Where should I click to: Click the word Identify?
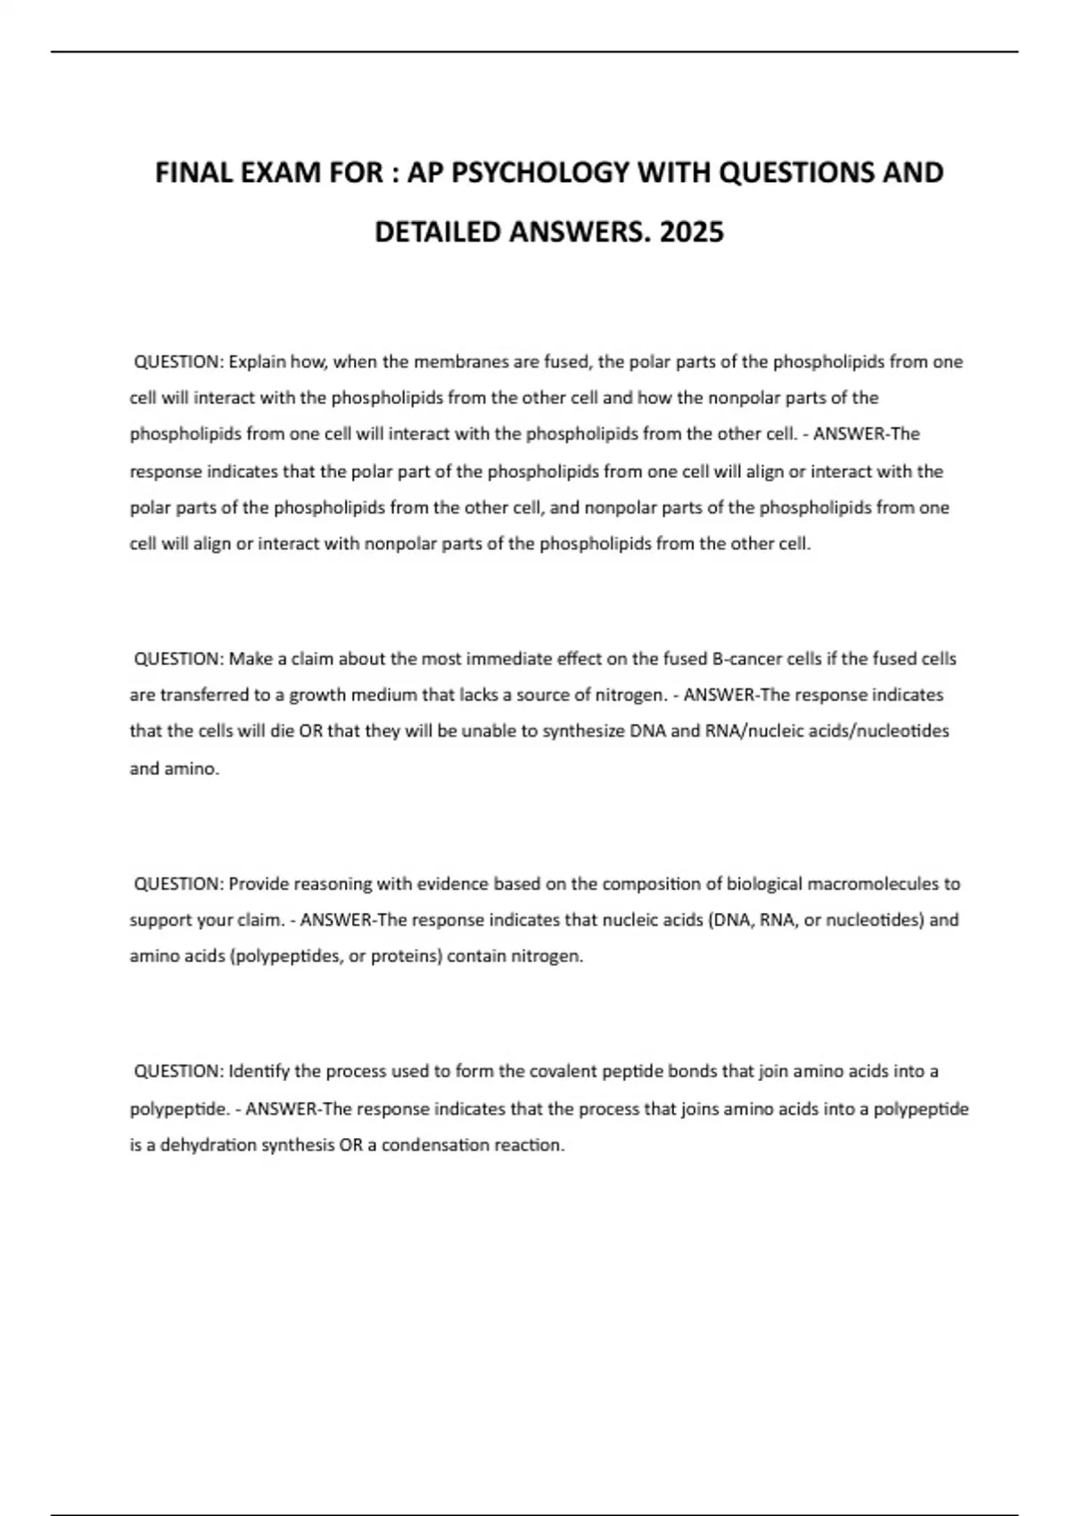click(259, 1071)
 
